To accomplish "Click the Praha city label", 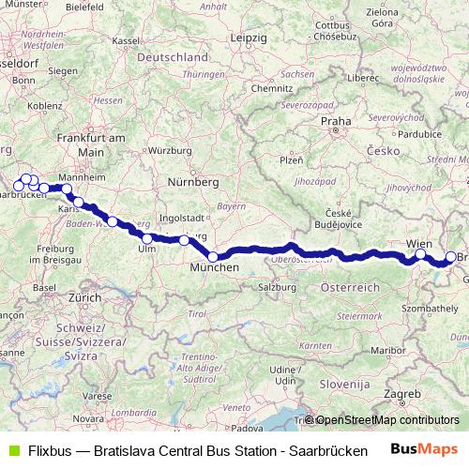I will [336, 121].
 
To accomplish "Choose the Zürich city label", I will [83, 296].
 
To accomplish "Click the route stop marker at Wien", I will [421, 254].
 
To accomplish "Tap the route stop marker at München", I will [213, 257].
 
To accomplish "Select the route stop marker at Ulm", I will [147, 238].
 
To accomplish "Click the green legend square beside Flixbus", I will [13, 449].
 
